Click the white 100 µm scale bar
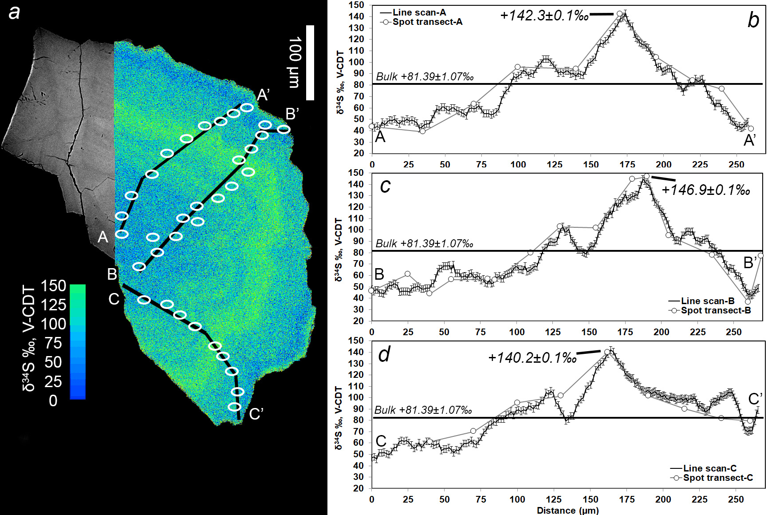(310, 62)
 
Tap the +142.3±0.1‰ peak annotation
(544, 16)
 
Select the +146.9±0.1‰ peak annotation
(705, 190)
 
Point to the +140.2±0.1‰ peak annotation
(532, 357)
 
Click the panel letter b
(753, 20)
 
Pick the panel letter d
(384, 354)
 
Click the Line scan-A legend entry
(419, 12)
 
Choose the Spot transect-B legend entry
(716, 310)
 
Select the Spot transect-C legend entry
(717, 478)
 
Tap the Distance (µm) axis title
(567, 510)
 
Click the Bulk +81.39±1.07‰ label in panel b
(425, 76)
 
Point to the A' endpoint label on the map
(264, 94)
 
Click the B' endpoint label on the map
(292, 114)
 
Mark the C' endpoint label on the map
(256, 414)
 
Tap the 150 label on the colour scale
(53, 285)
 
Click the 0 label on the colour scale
(53, 400)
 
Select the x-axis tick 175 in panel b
(627, 164)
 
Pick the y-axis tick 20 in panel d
(359, 488)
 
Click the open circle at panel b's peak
(620, 14)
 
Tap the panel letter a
(15, 12)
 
